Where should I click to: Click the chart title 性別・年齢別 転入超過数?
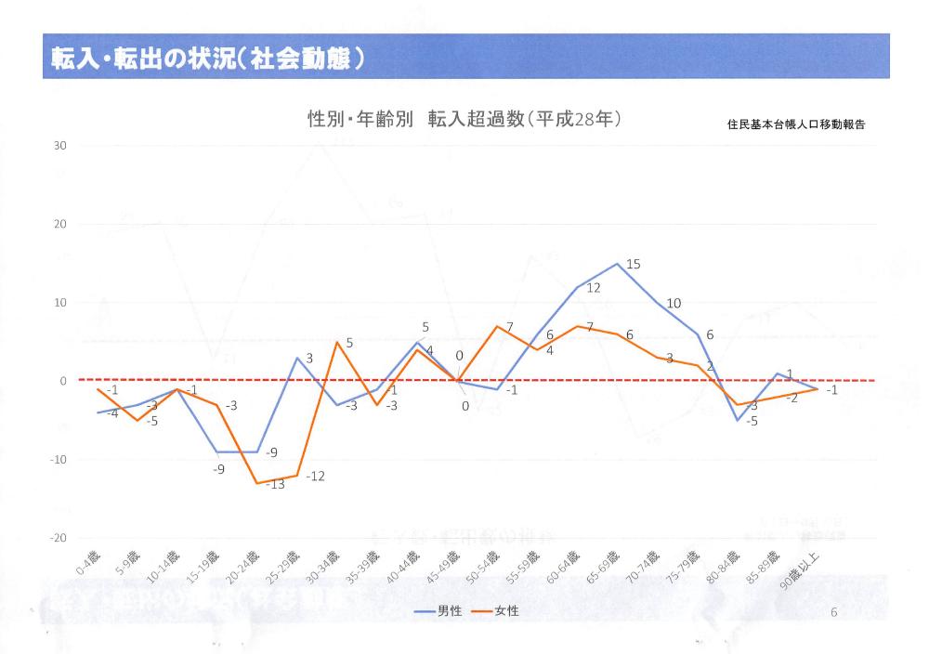point(464,120)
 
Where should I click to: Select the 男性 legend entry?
point(437,610)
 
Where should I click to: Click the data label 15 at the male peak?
point(634,265)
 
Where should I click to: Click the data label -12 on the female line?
point(315,477)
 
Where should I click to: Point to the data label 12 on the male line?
point(594,288)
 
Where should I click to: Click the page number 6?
point(833,612)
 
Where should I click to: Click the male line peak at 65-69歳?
point(618,264)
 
